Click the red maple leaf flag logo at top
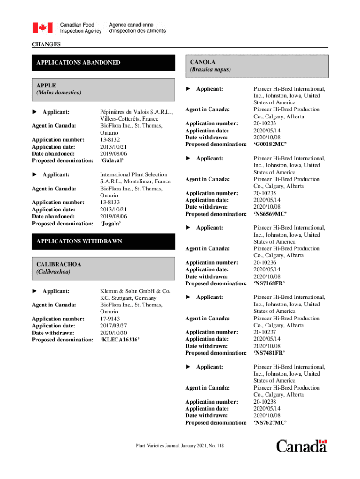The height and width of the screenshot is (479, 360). [43, 28]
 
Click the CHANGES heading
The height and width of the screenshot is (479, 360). [46, 44]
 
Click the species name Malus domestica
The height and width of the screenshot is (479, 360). [59, 93]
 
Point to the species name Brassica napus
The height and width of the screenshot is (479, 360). [210, 69]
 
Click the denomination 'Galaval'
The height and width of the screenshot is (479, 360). [112, 160]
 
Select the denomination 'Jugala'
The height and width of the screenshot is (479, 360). [110, 224]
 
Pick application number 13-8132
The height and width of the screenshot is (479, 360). [110, 139]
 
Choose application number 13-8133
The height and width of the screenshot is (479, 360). [110, 202]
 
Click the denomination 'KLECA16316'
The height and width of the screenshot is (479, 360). [120, 340]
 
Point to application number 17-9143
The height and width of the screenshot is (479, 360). [110, 319]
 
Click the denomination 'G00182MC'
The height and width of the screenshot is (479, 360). [270, 144]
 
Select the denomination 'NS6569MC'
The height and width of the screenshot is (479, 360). [270, 214]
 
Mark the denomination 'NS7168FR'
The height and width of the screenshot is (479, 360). [269, 283]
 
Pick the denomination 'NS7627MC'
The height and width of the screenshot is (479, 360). [270, 422]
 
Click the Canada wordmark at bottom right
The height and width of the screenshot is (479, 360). [302, 446]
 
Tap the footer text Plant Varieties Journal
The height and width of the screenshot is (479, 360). [180, 446]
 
